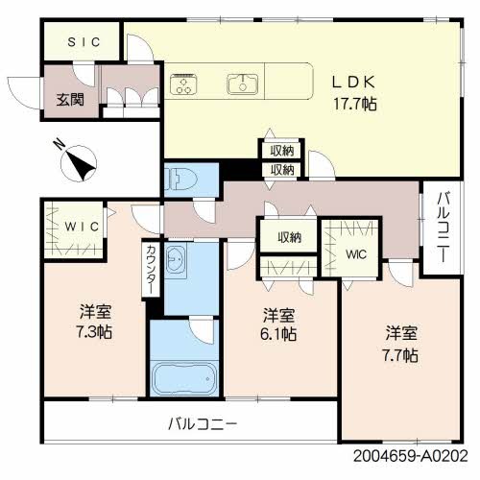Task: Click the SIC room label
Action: tap(82, 43)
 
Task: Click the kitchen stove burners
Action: tap(183, 84)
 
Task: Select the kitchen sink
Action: tap(243, 84)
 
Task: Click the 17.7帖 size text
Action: tap(354, 103)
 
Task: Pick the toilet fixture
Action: tap(181, 179)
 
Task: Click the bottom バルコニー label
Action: tap(202, 423)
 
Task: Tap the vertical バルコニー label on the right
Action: tap(442, 228)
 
